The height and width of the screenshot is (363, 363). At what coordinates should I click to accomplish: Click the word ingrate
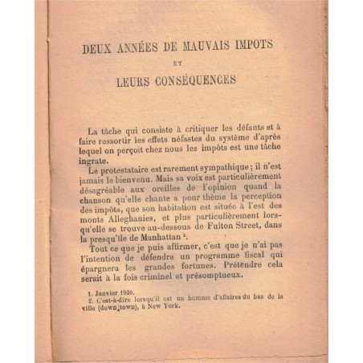point(89,159)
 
